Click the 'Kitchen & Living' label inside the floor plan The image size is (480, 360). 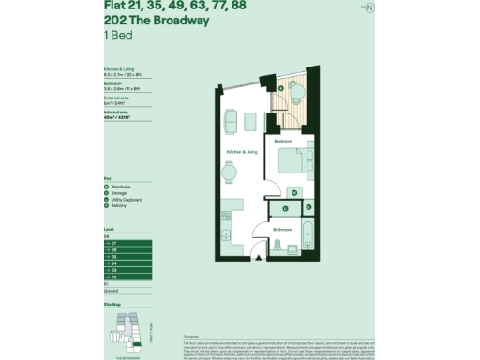242,151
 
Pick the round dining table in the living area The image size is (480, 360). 230,170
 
